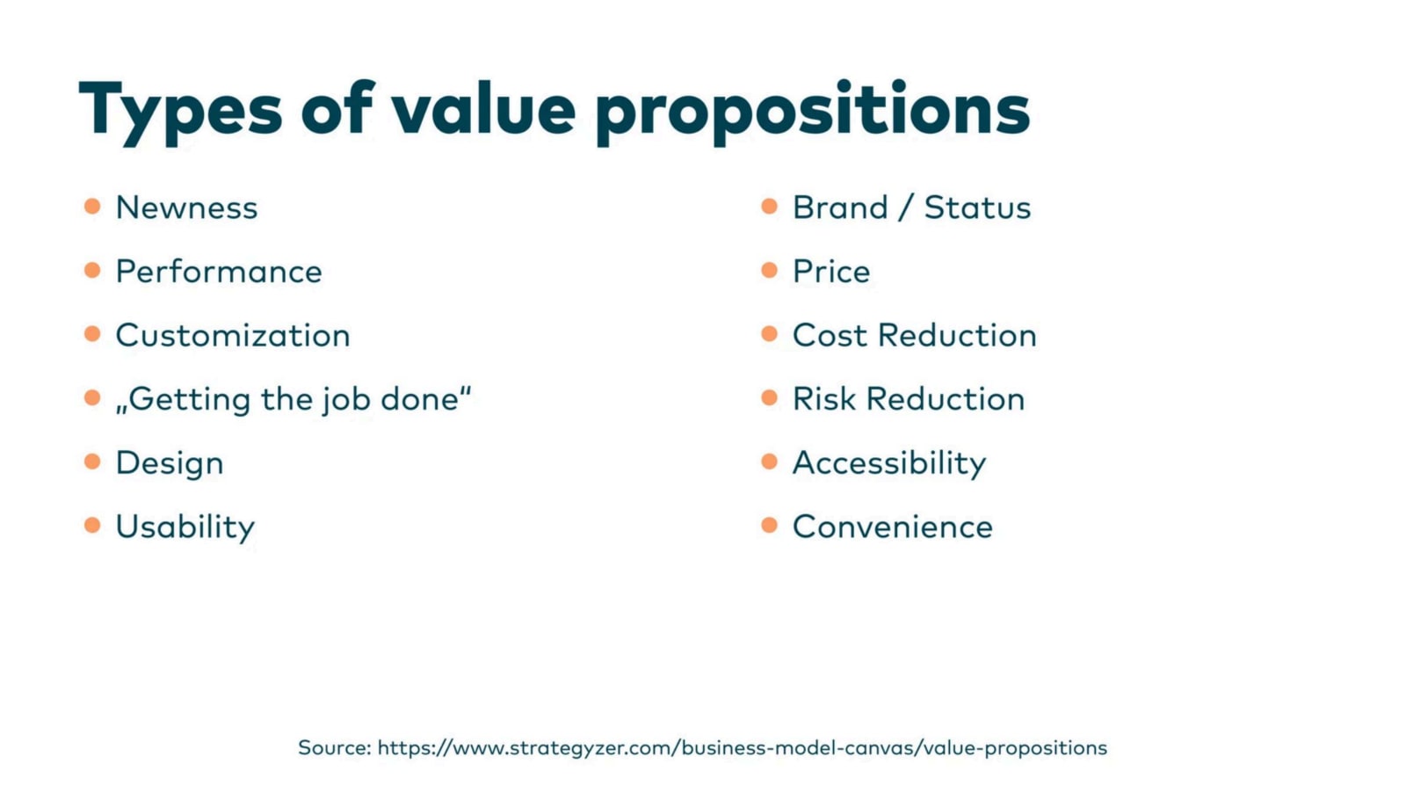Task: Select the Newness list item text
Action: (186, 207)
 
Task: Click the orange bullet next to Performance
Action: (92, 270)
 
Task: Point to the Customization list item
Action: (233, 335)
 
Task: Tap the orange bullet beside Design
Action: (92, 462)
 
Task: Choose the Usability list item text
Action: (185, 528)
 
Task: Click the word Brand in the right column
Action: (840, 207)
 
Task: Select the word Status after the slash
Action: (977, 207)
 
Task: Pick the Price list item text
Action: (831, 272)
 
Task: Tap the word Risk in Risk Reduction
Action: (824, 399)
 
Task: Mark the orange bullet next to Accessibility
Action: (770, 462)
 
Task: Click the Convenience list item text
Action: (893, 528)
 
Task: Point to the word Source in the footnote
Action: (335, 747)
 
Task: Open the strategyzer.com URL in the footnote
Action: (743, 748)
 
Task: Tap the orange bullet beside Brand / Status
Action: (770, 206)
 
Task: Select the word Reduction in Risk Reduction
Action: (946, 399)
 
